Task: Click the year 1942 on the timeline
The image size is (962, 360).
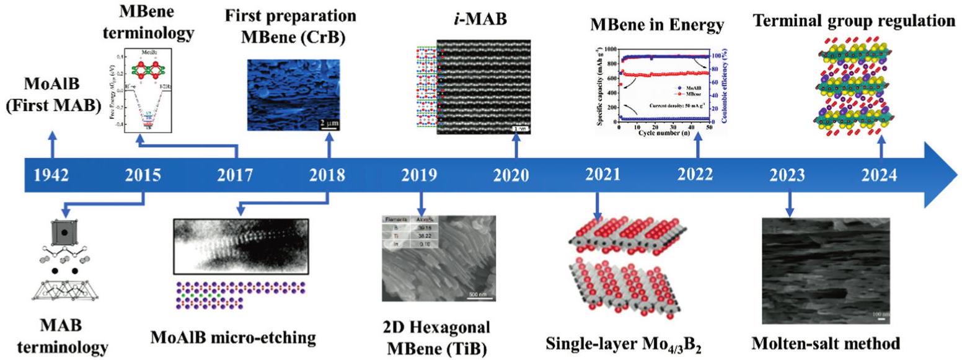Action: pyautogui.click(x=51, y=176)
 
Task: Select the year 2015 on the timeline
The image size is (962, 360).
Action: pyautogui.click(x=144, y=176)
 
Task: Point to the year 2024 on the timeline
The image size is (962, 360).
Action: pyautogui.click(x=880, y=176)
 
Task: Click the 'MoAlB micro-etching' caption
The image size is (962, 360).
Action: pyautogui.click(x=233, y=338)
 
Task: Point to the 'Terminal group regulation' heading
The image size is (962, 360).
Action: pyautogui.click(x=854, y=20)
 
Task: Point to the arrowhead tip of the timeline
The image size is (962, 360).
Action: pyautogui.click(x=955, y=175)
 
